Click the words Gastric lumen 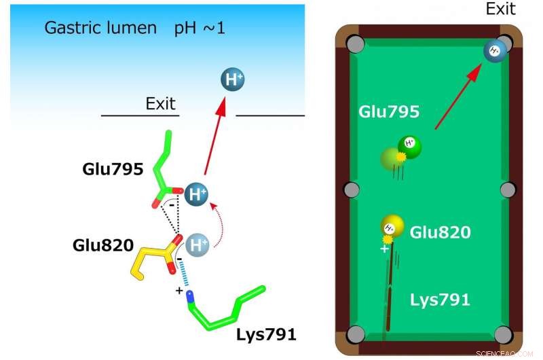coord(98,29)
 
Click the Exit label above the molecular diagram coord(160,104)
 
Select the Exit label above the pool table coord(500,9)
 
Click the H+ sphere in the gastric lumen coord(233,79)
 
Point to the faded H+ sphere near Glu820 coord(197,243)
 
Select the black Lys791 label coord(266,334)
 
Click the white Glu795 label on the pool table coord(390,112)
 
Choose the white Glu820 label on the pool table coord(440,232)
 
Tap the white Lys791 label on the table coord(440,300)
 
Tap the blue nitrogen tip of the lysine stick coord(191,295)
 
